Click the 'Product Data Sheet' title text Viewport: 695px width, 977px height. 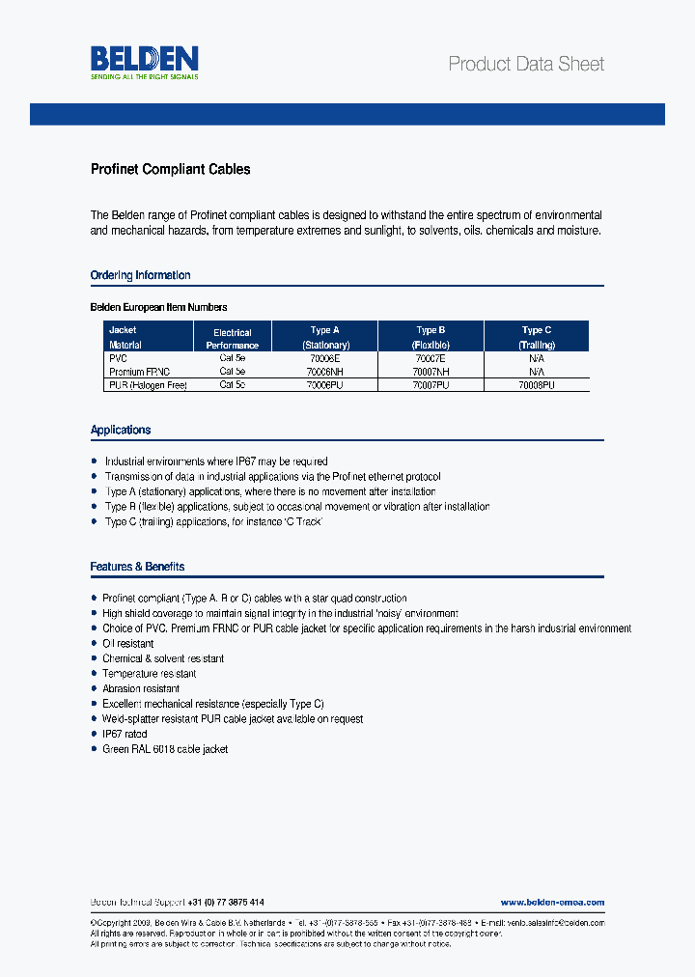point(526,65)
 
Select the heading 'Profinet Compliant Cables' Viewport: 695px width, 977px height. point(170,169)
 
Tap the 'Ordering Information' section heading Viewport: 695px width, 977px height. point(140,275)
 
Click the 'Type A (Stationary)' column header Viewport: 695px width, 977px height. point(325,337)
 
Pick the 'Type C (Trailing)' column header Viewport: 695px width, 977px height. point(537,337)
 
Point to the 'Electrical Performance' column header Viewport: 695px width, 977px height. point(232,339)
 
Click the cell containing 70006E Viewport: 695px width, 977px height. point(323,357)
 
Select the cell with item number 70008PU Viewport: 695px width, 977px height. point(537,384)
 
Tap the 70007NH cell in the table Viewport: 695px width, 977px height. point(430,371)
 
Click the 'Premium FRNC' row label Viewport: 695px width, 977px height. point(139,371)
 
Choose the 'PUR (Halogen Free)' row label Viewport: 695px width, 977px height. point(147,384)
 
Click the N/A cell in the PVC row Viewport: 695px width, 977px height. point(537,357)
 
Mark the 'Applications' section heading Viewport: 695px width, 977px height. point(121,430)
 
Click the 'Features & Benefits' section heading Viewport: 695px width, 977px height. point(137,567)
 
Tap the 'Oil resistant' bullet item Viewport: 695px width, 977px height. point(127,643)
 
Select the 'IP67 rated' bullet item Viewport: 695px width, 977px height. point(125,734)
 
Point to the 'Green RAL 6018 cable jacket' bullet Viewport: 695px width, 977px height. point(165,749)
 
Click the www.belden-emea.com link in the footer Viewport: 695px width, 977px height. point(552,902)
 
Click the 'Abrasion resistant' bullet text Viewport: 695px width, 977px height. point(141,688)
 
